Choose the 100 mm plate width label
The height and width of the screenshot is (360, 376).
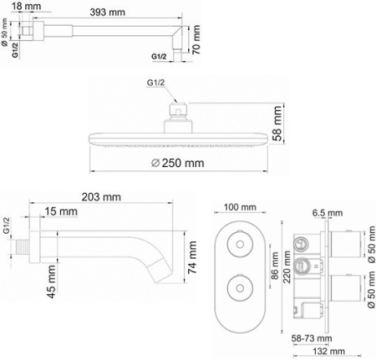[x=241, y=206]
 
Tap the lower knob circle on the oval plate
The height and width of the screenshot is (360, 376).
[x=241, y=292]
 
